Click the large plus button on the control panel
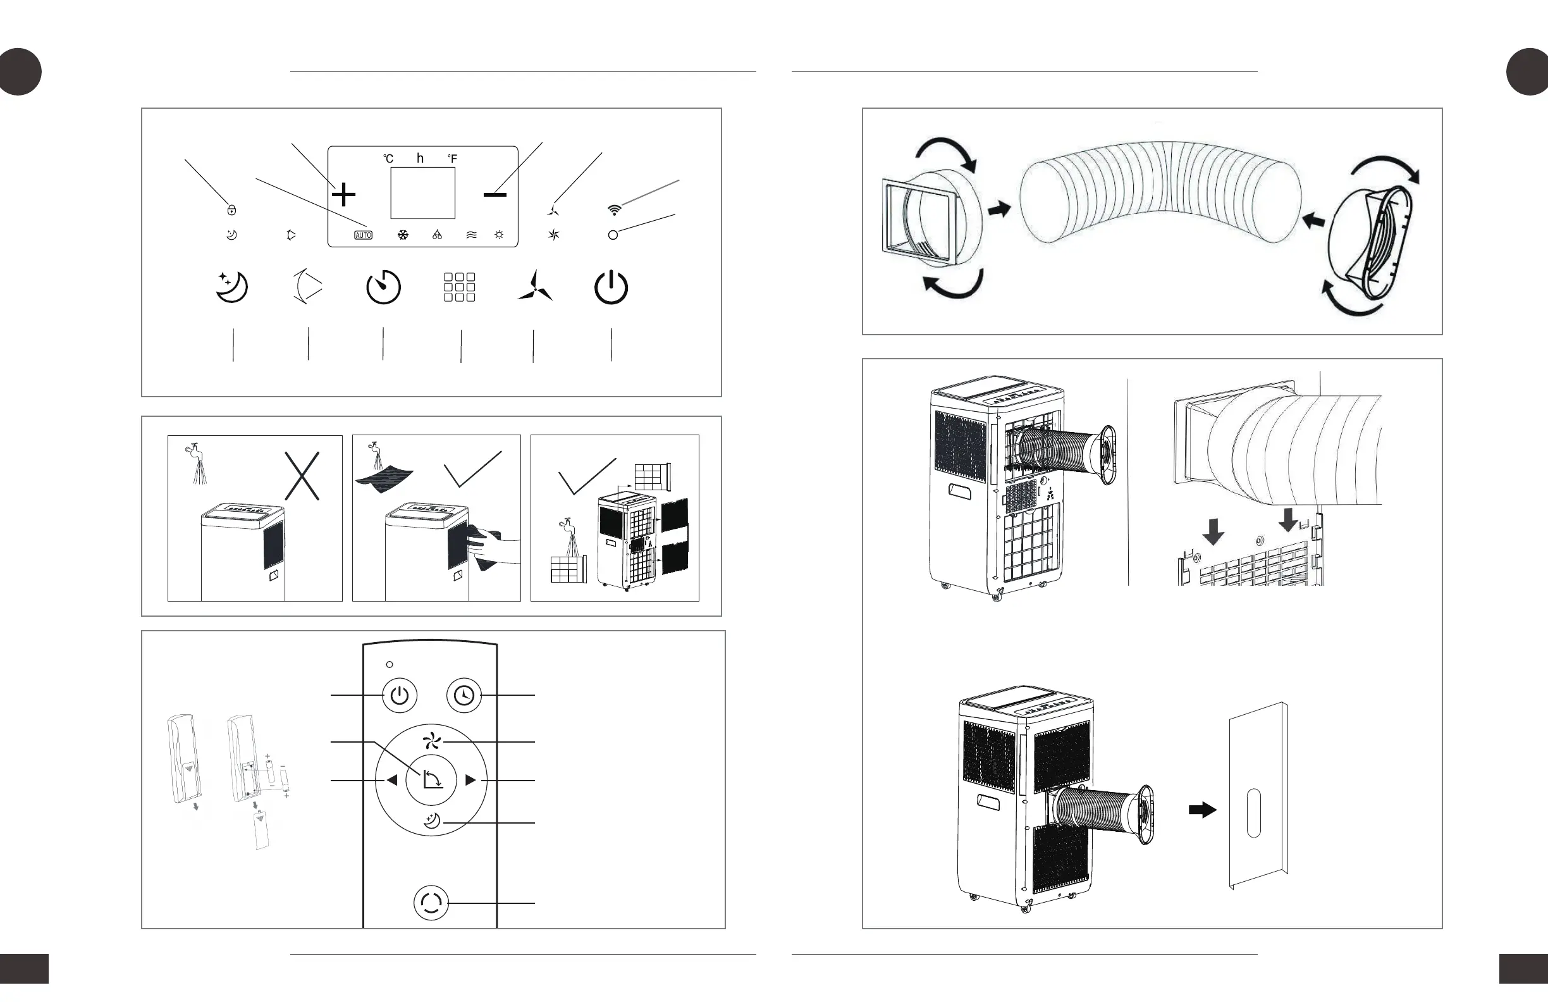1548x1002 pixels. tap(343, 195)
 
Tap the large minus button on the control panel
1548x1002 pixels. tap(495, 194)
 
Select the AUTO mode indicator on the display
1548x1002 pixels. tap(363, 235)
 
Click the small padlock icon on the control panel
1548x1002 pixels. tap(231, 209)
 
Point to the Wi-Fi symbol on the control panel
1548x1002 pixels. tap(614, 209)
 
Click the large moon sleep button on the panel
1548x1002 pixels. tap(231, 287)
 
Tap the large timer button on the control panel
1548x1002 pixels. tap(383, 287)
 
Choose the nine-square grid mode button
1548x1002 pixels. tap(459, 287)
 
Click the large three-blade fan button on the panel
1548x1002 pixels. tap(534, 287)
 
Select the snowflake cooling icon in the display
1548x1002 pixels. tap(403, 235)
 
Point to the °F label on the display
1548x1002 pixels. tap(452, 159)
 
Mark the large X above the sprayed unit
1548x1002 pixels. tap(302, 476)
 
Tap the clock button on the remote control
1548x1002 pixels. tap(464, 696)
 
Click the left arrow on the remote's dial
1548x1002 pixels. tap(391, 780)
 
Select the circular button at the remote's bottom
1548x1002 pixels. tap(431, 903)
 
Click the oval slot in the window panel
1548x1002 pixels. tap(1254, 813)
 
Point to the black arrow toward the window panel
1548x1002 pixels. tap(1202, 810)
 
